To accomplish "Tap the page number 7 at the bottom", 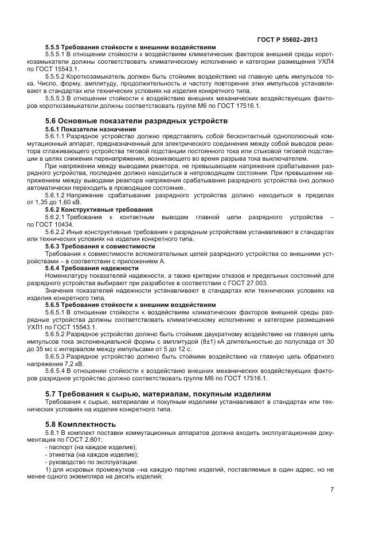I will pyautogui.click(x=331, y=489).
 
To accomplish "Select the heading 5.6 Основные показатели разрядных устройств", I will pyautogui.click(x=136, y=121).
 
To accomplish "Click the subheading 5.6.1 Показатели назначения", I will pyautogui.click(x=90, y=129).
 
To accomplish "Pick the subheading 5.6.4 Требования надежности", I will pyautogui.click(x=92, y=267).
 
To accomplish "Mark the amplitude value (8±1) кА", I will pyautogui.click(x=229, y=342).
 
